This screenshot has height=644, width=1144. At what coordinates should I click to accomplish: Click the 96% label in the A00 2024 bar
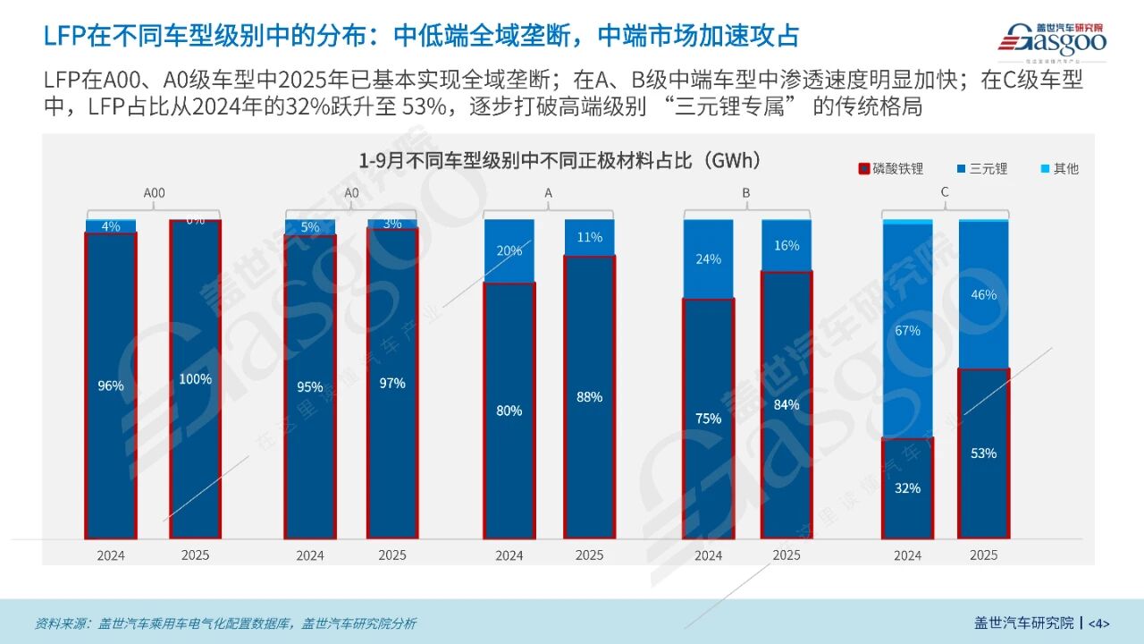pos(111,386)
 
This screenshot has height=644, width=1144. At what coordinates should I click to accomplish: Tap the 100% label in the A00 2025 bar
pos(195,379)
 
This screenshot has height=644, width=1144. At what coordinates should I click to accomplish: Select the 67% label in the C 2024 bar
pos(907,331)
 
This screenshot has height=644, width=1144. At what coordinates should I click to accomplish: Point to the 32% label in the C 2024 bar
pos(907,488)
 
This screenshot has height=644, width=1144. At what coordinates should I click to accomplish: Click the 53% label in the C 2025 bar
pos(983,453)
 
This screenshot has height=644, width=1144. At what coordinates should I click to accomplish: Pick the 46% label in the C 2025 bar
pos(983,295)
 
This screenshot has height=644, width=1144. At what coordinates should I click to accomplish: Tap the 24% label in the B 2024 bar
pos(708,259)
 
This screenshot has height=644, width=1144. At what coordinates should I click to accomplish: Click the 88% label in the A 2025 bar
pos(589,397)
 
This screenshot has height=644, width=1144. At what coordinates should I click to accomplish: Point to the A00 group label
pos(154,192)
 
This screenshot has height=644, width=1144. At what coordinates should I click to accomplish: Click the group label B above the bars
pos(745,192)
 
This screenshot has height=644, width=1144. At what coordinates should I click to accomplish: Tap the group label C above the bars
pos(945,192)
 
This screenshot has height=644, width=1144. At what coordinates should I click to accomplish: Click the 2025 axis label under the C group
pos(983,555)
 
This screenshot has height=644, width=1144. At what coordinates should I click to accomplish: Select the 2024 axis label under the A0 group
pos(310,555)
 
